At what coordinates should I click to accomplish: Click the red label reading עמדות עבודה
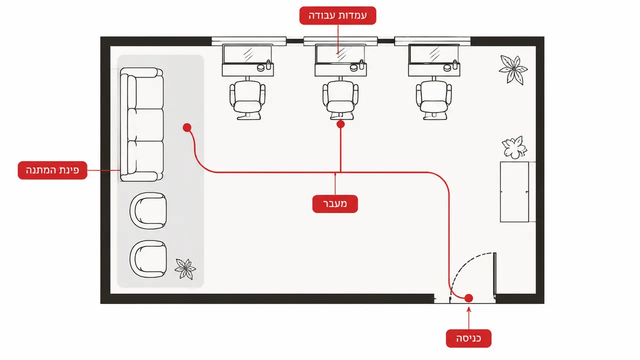coord(338,15)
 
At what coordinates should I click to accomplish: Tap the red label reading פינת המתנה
coord(53,170)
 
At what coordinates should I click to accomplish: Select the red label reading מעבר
coord(335,204)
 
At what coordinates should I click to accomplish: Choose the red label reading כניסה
coord(468,338)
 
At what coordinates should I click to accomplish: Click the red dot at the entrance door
coord(468,298)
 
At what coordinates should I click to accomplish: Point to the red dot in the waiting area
coord(187,127)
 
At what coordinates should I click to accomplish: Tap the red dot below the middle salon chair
coord(341,124)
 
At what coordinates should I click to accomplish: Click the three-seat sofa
coord(142,124)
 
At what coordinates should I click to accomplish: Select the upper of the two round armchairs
coord(148,210)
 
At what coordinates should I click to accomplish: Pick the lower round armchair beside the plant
coord(148,259)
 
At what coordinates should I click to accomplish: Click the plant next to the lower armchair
coord(186,268)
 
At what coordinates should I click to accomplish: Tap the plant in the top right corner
coord(513,69)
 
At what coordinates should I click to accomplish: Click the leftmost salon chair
coord(247,99)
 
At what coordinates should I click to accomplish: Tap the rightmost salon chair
coord(434,99)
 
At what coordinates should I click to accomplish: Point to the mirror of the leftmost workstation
coord(247,54)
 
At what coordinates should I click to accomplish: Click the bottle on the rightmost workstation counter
coord(455,64)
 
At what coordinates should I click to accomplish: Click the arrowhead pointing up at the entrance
coord(468,309)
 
